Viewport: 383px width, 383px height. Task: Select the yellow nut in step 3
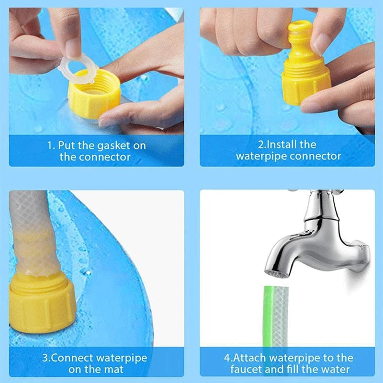click(42, 302)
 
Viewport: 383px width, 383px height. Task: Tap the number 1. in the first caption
click(51, 145)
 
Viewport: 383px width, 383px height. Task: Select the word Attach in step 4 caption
click(251, 358)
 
